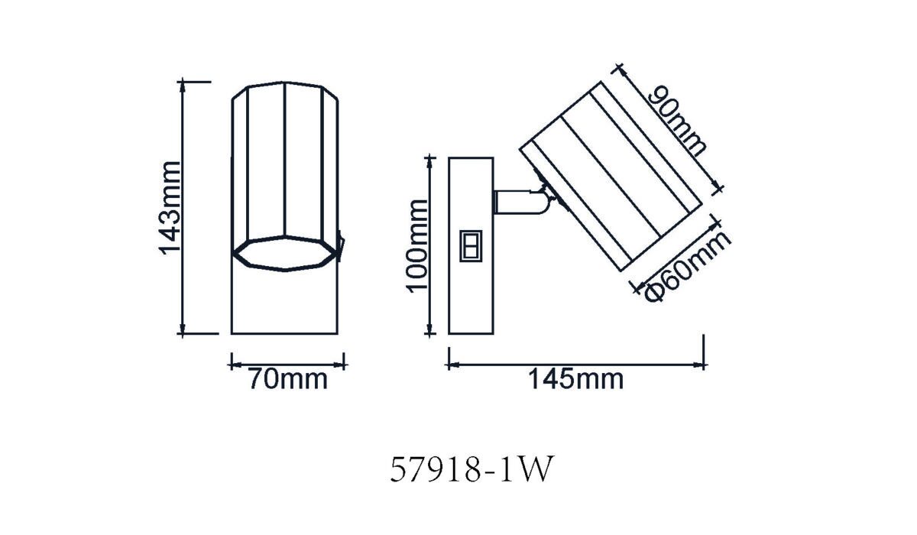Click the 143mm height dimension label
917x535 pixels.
(169, 209)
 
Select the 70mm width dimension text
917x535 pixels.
(288, 380)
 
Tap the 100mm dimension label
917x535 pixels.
(416, 246)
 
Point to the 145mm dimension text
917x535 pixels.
(576, 379)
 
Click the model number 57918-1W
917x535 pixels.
(471, 469)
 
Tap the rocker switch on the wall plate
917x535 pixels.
(471, 245)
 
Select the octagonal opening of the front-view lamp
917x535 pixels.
(285, 254)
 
